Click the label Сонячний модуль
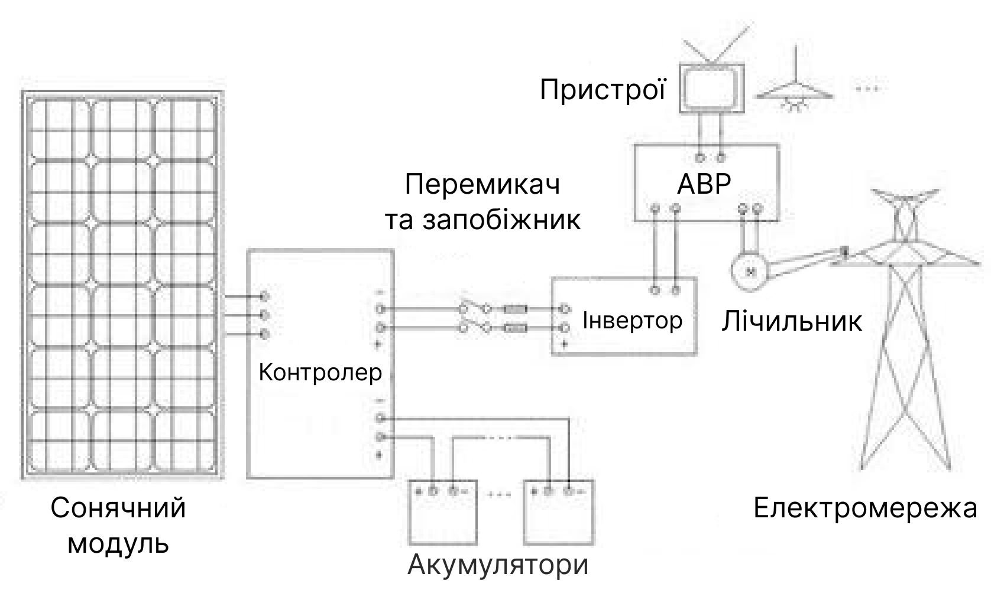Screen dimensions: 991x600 pyautogui.click(x=118, y=525)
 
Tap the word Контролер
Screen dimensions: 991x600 pyautogui.click(x=320, y=373)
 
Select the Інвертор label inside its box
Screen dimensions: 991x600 pyautogui.click(x=633, y=320)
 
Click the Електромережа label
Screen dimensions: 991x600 pyautogui.click(x=866, y=508)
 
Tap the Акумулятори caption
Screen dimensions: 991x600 pyautogui.click(x=498, y=564)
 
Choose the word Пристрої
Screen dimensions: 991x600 pyautogui.click(x=603, y=90)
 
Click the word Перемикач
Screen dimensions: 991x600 pyautogui.click(x=482, y=184)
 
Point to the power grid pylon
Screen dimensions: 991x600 pyautogui.click(x=905, y=329)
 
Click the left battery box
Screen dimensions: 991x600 pyautogui.click(x=443, y=512)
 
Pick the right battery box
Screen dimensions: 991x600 pyautogui.click(x=559, y=512)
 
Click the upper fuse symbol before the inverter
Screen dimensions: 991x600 pyautogui.click(x=515, y=309)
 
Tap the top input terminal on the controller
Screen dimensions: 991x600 pyautogui.click(x=264, y=296)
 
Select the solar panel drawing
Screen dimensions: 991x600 pyautogui.click(x=122, y=285)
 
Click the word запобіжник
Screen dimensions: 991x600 pyautogui.click(x=501, y=220)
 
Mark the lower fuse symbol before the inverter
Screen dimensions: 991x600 pyautogui.click(x=515, y=328)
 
